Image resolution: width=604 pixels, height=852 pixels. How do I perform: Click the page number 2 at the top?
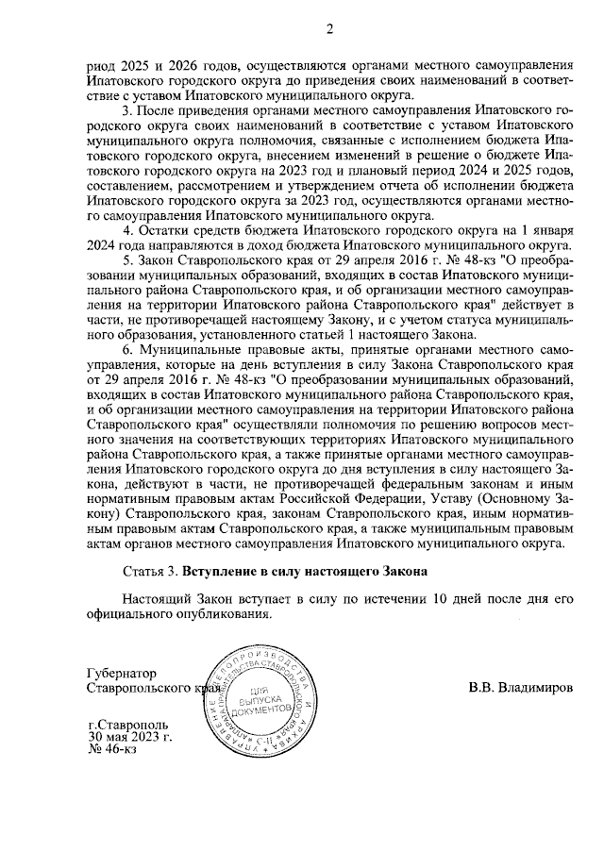coord(330,28)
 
